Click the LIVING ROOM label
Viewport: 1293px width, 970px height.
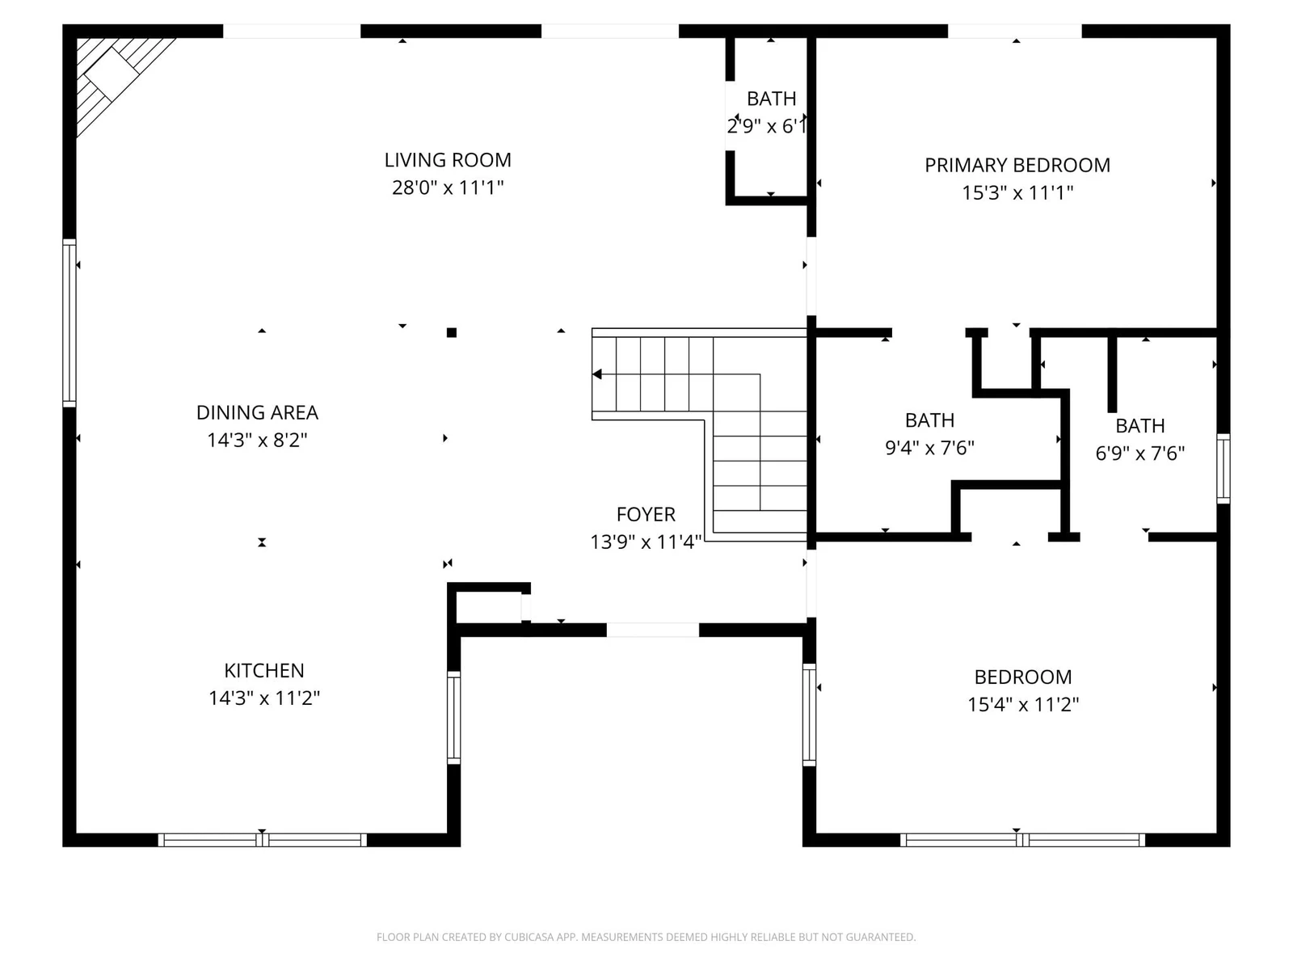[x=448, y=160]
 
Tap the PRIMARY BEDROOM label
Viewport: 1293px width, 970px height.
[x=1017, y=166]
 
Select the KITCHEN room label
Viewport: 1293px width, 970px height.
[x=264, y=670]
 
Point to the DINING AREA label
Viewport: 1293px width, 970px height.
[x=258, y=412]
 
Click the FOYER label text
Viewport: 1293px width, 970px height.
[x=646, y=514]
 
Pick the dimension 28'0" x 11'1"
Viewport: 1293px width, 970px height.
[x=448, y=188]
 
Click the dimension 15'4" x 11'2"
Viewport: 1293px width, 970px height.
[x=1023, y=704]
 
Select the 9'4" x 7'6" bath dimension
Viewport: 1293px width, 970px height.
[x=929, y=448]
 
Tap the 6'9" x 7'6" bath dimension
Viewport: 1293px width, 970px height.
[x=1139, y=453]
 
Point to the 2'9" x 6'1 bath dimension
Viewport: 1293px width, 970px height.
[x=766, y=126]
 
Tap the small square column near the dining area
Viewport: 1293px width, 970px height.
[x=452, y=333]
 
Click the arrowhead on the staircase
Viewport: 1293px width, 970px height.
[x=596, y=374]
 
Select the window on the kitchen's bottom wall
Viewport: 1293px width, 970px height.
[x=262, y=840]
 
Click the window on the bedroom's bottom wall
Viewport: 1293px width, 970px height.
[x=1022, y=840]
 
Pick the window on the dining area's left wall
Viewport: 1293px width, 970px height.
[x=69, y=323]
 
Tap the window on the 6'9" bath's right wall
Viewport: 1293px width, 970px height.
[x=1224, y=469]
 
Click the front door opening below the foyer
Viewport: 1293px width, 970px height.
[x=653, y=630]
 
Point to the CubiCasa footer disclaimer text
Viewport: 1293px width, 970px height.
[x=646, y=937]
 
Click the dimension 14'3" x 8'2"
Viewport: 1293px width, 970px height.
[x=258, y=440]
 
